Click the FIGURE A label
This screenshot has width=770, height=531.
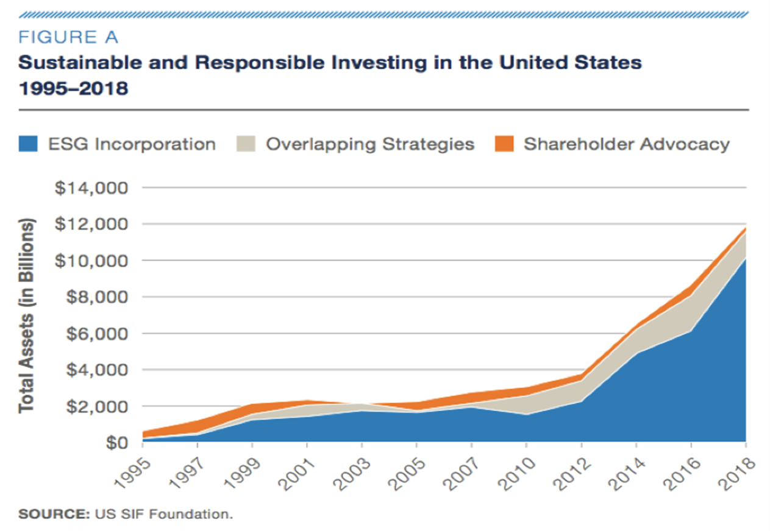click(x=68, y=38)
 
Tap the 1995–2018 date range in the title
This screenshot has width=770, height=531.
click(x=73, y=89)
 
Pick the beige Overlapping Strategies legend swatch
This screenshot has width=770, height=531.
click(x=246, y=144)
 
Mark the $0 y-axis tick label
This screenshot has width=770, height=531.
click(x=114, y=442)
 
